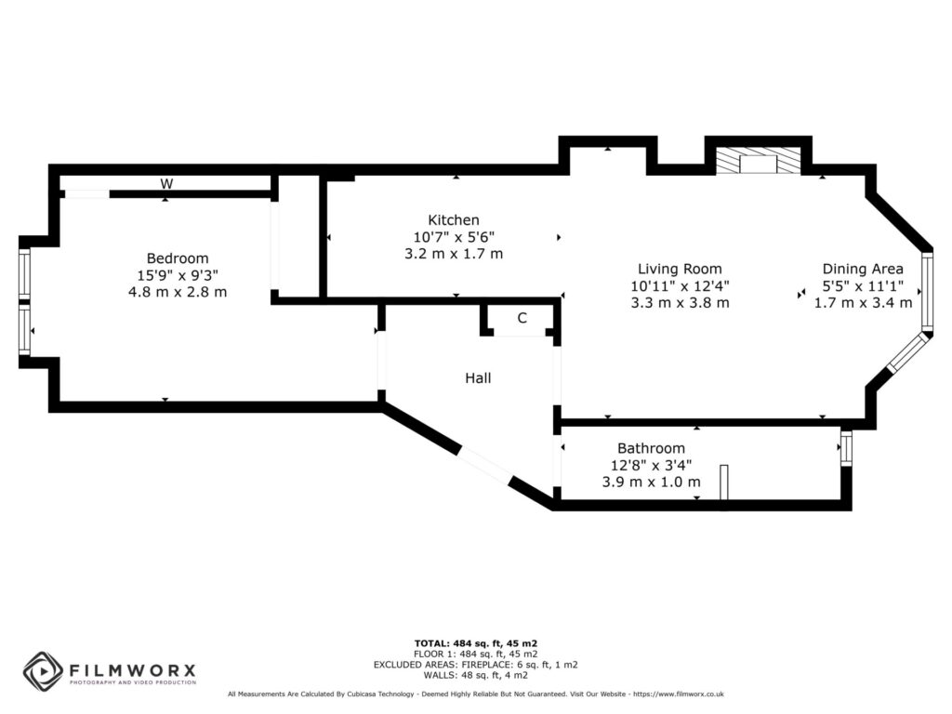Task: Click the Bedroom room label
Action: pos(177,258)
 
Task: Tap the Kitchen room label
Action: pos(453,220)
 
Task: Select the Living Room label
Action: pos(679,270)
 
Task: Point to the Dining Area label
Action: pos(862,270)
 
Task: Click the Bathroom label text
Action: pos(651,448)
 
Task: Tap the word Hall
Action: pos(478,378)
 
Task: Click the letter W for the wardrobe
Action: pos(166,184)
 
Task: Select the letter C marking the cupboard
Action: pos(522,318)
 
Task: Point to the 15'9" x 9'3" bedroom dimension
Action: pos(177,275)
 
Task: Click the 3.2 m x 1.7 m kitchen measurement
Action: pos(453,254)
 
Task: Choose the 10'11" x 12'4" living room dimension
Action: pos(679,286)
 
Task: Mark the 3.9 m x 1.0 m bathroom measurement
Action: pos(651,482)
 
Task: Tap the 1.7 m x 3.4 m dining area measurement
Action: pos(862,303)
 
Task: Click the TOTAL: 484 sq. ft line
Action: pos(476,643)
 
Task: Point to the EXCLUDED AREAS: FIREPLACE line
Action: pos(476,665)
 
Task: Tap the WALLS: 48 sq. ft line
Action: pos(476,675)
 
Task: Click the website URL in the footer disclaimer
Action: pos(679,694)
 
